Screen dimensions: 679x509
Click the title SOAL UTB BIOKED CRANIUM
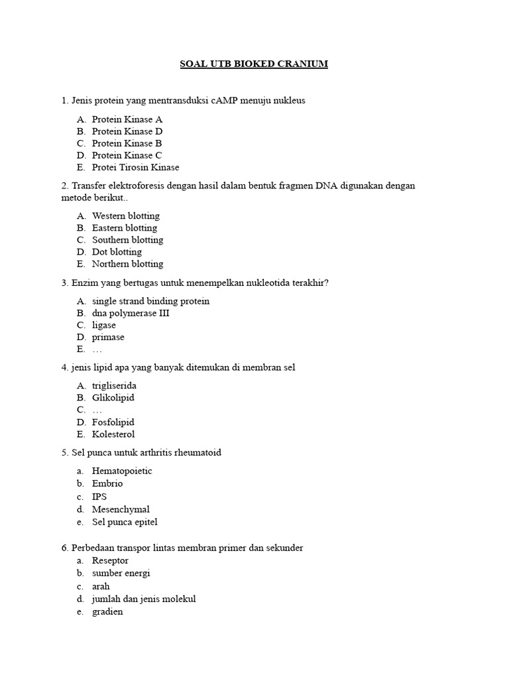[x=254, y=64]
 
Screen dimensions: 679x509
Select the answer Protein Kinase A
[x=127, y=119]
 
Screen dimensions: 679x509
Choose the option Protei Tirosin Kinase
[x=135, y=167]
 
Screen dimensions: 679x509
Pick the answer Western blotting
[x=126, y=216]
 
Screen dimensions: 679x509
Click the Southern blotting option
[x=127, y=239]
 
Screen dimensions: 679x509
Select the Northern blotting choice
[x=127, y=263]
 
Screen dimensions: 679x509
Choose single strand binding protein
[x=150, y=301]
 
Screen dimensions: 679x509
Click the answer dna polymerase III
[x=131, y=313]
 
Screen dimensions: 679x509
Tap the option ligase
[x=104, y=325]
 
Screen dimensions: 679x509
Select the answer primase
[x=108, y=337]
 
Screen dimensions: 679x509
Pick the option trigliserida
[x=114, y=385]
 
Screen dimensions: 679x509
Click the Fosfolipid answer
[x=113, y=422]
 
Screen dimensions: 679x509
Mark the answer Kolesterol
[x=113, y=434]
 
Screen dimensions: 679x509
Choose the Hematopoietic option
[x=122, y=471]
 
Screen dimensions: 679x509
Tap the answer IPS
[x=99, y=496]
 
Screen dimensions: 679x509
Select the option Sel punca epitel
[x=125, y=522]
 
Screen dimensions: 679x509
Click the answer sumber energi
[x=121, y=573]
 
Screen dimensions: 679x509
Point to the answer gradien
[x=107, y=612]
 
